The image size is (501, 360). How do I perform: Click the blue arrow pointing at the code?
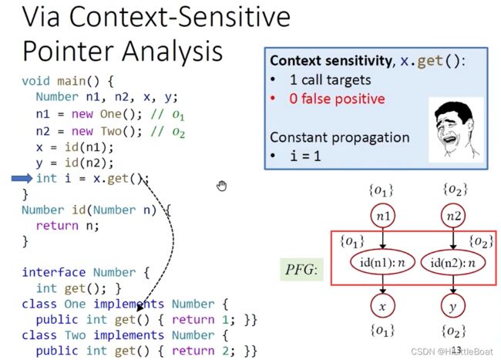click(x=22, y=178)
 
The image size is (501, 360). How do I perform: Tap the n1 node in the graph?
click(x=383, y=216)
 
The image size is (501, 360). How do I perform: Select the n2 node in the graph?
click(x=453, y=216)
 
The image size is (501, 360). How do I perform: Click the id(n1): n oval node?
click(x=383, y=263)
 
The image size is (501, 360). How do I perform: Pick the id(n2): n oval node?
click(x=453, y=263)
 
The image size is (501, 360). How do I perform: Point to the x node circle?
click(x=383, y=306)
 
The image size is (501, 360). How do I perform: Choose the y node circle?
click(x=453, y=306)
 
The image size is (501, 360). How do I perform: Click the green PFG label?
click(x=301, y=270)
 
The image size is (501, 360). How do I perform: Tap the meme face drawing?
click(x=456, y=130)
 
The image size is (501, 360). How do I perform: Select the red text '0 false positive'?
click(x=337, y=99)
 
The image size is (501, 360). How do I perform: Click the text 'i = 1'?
click(x=305, y=156)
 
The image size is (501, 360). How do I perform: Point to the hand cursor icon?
click(x=221, y=186)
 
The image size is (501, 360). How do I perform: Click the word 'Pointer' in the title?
click(x=68, y=51)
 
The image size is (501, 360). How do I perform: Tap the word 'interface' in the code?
click(x=54, y=272)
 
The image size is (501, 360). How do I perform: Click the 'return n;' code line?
click(x=67, y=226)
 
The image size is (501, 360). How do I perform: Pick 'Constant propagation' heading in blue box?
click(x=340, y=138)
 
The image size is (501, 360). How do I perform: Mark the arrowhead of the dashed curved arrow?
click(x=140, y=308)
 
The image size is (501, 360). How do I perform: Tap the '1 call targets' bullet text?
click(x=331, y=80)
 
